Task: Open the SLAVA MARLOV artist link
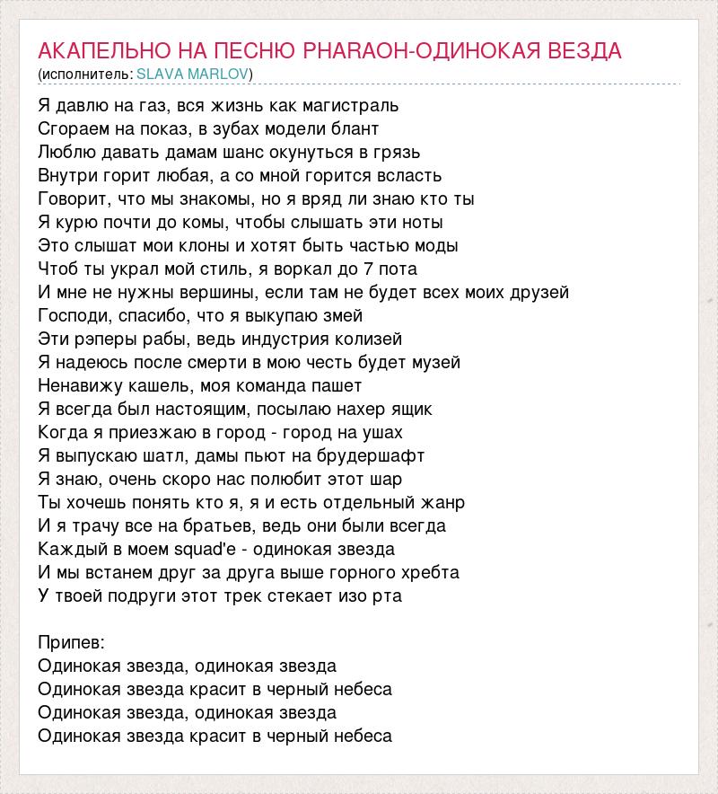(192, 74)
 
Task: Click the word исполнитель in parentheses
(86, 74)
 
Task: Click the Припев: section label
(72, 642)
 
